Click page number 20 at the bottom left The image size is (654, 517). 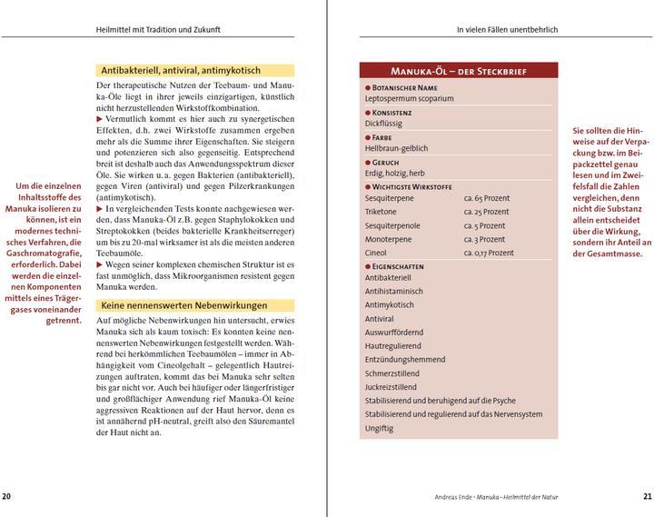[6, 496]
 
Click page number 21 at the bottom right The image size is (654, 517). [647, 496]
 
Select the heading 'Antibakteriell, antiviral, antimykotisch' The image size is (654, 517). [181, 69]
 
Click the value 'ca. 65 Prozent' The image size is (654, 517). [486, 196]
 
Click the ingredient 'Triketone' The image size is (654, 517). [381, 210]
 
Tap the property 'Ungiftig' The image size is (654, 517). [379, 428]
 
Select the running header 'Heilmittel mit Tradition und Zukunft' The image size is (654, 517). [159, 30]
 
